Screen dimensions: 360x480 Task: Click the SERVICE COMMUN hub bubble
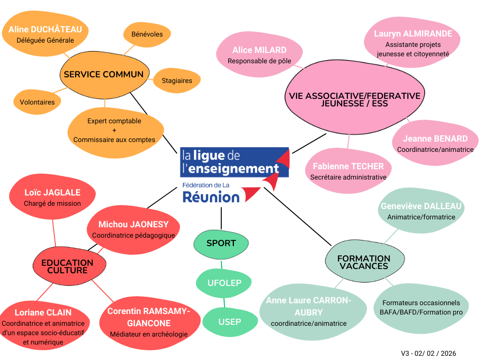coord(104,75)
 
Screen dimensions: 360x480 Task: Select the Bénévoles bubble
coord(147,34)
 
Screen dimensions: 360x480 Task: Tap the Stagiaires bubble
coord(177,81)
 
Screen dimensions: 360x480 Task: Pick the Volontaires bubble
coord(37,102)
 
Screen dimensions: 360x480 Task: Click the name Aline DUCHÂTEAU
coord(45,30)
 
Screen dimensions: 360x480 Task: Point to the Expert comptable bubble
coord(114,130)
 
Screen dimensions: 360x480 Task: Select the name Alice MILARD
coord(259,50)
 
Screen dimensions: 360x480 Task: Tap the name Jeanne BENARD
coord(435,139)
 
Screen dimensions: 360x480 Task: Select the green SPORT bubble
coord(221,243)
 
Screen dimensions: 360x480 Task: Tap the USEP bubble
coord(230,322)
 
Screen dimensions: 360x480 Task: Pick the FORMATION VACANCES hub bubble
coord(363,262)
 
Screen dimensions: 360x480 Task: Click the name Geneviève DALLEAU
coord(421,206)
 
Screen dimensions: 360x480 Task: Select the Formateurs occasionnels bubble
coord(421,307)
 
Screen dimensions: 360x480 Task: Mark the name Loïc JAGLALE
coord(52,193)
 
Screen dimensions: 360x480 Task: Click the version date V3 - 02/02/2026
coord(428,353)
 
